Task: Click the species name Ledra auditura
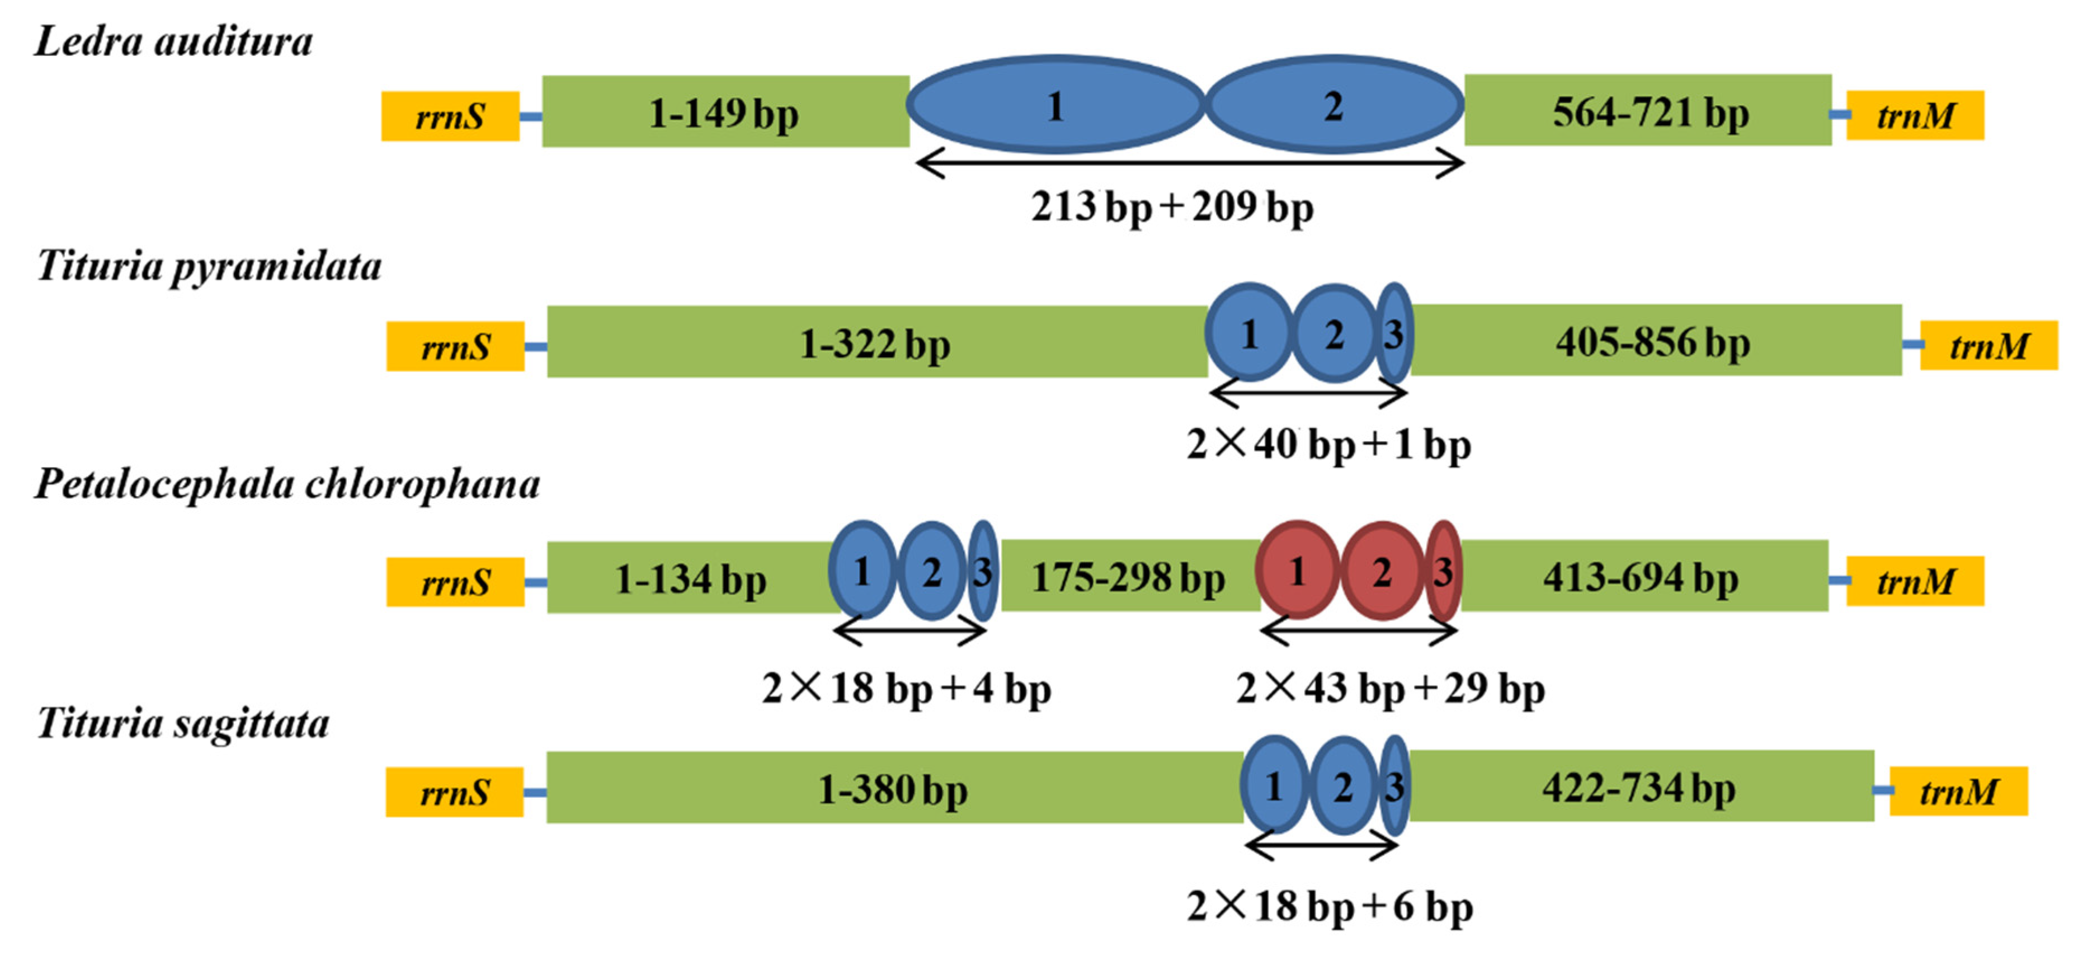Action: coord(173,42)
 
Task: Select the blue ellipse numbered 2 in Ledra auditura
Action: coord(1334,105)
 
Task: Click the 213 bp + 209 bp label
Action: coord(1172,206)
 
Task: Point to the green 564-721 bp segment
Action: coord(1648,111)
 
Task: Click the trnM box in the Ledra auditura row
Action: coord(1915,116)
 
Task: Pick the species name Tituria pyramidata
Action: coord(209,266)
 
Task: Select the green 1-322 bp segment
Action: coord(876,342)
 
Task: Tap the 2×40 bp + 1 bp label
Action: coord(1328,444)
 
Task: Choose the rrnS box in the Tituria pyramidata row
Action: coord(455,347)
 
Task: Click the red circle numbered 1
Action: coord(1298,571)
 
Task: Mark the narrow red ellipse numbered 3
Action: coord(1443,571)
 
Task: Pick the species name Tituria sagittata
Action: coord(183,723)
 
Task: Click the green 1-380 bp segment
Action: coord(893,788)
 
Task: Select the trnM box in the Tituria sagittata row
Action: coord(1958,791)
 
